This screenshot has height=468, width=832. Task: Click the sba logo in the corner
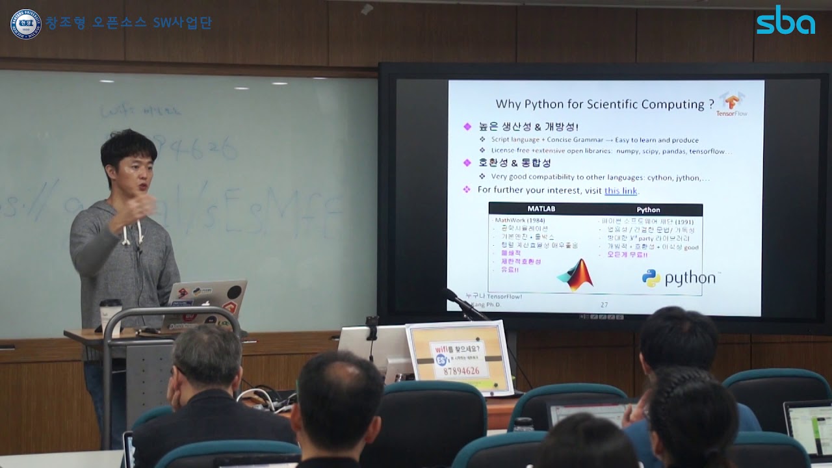click(x=785, y=21)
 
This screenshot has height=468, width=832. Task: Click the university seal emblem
click(x=25, y=23)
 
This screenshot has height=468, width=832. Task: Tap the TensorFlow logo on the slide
click(x=732, y=104)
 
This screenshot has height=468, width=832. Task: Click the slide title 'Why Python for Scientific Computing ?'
click(x=604, y=104)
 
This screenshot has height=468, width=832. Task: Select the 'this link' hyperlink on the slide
click(x=621, y=190)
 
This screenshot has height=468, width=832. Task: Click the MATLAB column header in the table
click(x=541, y=209)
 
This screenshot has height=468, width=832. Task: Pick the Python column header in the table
click(x=648, y=209)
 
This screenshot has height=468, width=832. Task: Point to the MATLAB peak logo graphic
click(x=576, y=274)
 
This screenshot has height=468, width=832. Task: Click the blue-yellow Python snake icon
click(x=651, y=278)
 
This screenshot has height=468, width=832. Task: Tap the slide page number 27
click(x=604, y=304)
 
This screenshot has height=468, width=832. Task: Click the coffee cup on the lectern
click(x=110, y=315)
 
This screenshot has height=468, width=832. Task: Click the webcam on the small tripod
click(x=372, y=324)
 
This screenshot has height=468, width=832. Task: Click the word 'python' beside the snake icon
click(x=689, y=278)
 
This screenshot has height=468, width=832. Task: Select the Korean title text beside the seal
click(x=129, y=23)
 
